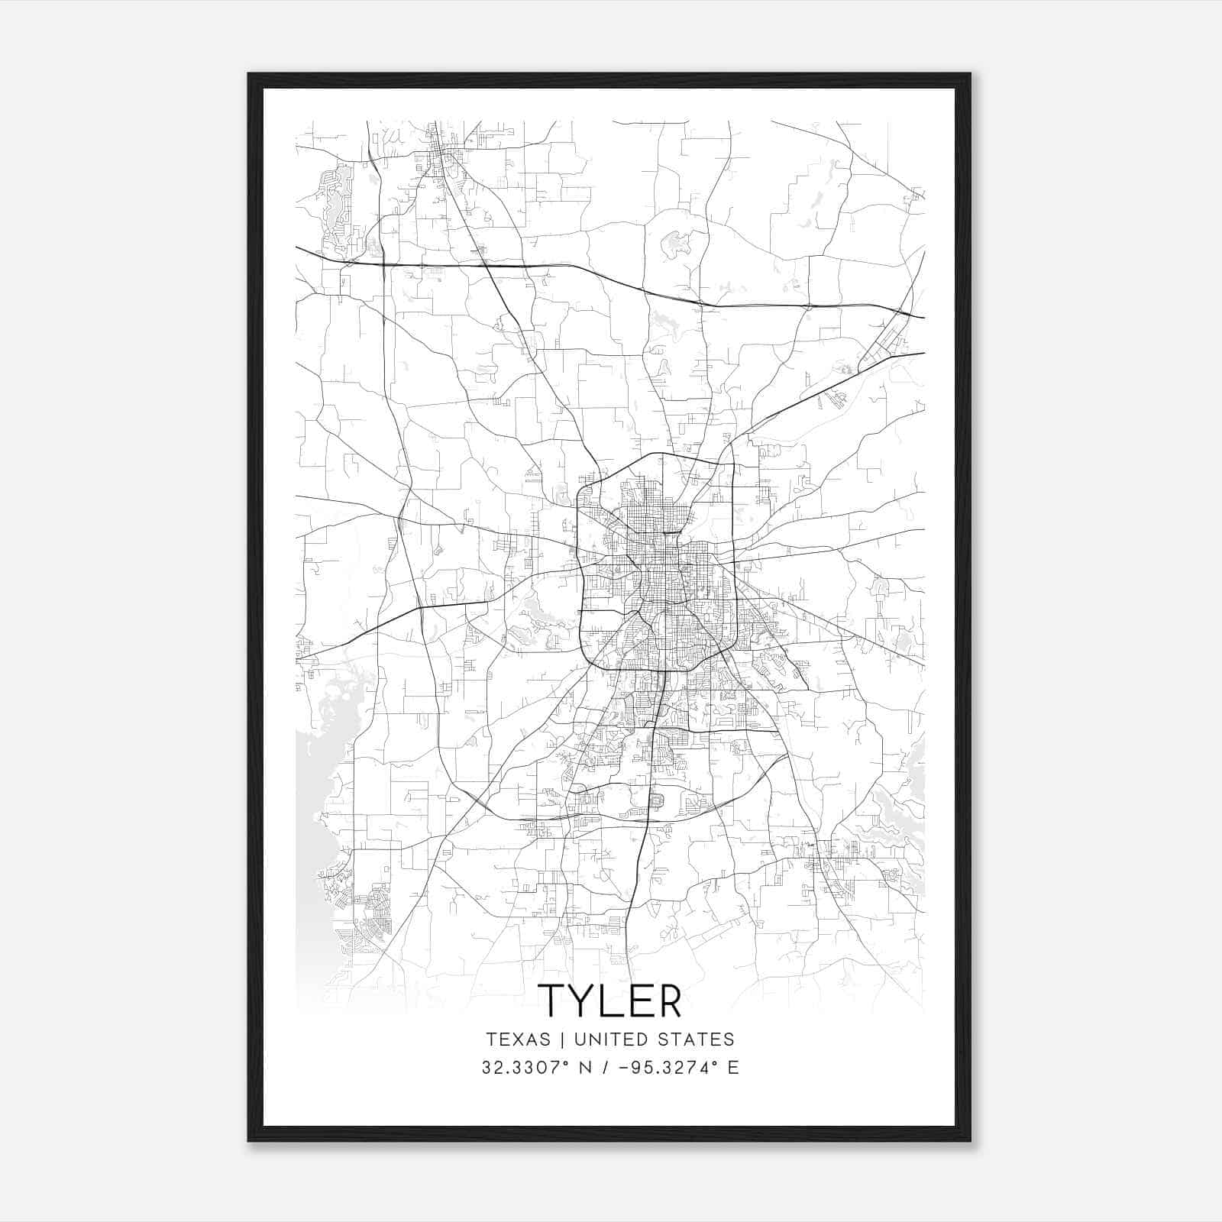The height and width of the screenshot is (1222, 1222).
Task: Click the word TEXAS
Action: click(518, 1039)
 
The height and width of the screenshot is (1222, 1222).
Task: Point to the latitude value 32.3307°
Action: click(525, 1068)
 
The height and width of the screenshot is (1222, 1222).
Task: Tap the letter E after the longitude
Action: click(733, 1068)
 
